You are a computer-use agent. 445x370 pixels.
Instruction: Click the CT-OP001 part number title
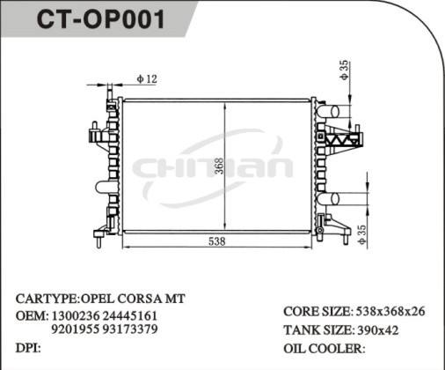(100, 20)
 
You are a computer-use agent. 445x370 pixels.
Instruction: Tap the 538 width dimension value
(218, 241)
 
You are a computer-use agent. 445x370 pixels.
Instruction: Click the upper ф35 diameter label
(345, 70)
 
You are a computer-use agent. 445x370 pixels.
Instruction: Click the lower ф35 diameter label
(361, 233)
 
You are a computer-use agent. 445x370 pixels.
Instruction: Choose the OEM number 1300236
(73, 314)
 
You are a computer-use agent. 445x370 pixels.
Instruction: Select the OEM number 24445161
(130, 314)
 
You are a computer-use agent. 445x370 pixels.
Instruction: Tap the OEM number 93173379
(130, 329)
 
